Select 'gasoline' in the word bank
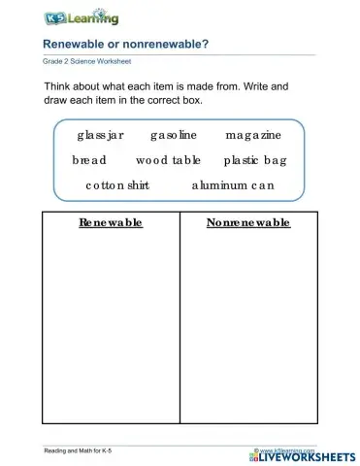[x=174, y=135]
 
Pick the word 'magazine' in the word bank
[x=252, y=135]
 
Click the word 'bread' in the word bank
[x=89, y=159]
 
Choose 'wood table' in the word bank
[x=168, y=159]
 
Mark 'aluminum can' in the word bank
[x=233, y=184]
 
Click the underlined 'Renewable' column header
[x=111, y=223]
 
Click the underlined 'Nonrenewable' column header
[x=248, y=223]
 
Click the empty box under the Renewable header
[x=111, y=330]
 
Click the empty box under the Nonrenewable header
[x=248, y=330]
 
